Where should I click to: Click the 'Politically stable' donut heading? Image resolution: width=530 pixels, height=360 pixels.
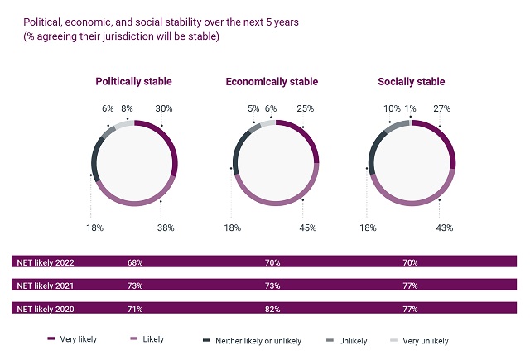coord(133,82)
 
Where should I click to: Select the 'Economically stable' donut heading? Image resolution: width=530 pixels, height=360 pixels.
coord(272,82)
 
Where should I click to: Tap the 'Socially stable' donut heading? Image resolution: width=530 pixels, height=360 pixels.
coord(411,82)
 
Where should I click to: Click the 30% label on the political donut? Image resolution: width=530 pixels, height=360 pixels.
coord(163,108)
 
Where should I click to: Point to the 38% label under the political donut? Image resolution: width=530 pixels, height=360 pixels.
coord(165,228)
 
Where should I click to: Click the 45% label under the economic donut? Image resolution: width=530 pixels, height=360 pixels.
coord(306,228)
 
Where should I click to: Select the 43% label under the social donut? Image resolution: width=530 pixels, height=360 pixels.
coord(444,228)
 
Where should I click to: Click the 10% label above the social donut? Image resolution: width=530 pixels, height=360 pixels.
coord(391,108)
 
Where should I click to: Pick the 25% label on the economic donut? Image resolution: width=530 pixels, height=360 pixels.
coord(306,108)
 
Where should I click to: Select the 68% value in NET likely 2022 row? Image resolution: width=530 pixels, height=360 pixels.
coord(135,262)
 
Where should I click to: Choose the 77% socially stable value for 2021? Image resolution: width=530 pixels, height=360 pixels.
coord(410,286)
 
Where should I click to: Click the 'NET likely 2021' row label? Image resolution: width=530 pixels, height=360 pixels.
coord(46,286)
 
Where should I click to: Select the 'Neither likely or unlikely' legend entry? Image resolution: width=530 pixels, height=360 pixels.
coord(258,340)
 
